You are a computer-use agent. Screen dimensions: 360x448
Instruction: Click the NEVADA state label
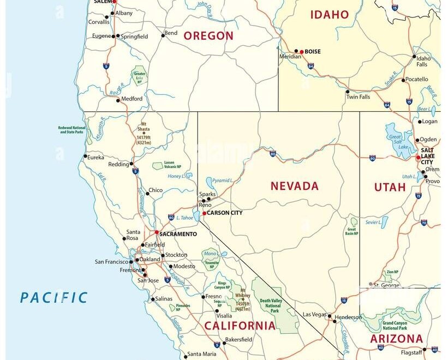[x=294, y=186]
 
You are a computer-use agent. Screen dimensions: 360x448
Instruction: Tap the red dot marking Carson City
[x=204, y=213]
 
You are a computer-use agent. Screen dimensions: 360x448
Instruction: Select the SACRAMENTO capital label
[x=178, y=234]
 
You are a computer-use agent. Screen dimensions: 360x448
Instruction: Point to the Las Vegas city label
[x=314, y=314]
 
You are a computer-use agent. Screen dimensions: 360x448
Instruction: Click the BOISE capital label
[x=313, y=52]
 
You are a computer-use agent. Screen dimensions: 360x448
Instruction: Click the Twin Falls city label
[x=358, y=97]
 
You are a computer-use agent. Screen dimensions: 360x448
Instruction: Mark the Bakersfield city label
[x=239, y=339]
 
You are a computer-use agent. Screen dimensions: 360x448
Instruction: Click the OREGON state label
[x=208, y=36]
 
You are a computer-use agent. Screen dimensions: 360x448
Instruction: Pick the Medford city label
[x=132, y=99]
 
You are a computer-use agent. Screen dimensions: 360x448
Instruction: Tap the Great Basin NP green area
[x=354, y=223]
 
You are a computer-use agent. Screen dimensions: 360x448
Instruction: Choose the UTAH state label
[x=390, y=187]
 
